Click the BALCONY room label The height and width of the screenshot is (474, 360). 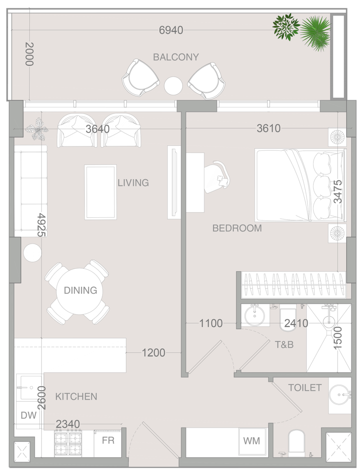click(x=176, y=57)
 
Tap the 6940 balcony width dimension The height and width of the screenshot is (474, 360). click(x=171, y=30)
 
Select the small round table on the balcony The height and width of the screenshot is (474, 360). click(x=173, y=86)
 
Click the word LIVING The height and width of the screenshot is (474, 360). click(x=133, y=183)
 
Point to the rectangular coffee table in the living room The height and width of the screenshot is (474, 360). click(x=101, y=192)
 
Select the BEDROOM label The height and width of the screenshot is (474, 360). click(x=237, y=228)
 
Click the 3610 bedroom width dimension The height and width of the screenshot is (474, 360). click(x=268, y=128)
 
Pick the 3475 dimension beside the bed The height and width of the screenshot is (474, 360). click(x=337, y=191)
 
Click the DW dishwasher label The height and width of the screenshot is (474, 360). click(x=28, y=415)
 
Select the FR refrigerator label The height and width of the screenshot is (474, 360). click(x=108, y=440)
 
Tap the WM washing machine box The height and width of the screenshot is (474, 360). click(x=252, y=441)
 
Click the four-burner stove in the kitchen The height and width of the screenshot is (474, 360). click(x=68, y=444)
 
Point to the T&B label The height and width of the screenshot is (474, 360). click(x=284, y=345)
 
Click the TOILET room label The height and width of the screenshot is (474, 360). click(x=305, y=388)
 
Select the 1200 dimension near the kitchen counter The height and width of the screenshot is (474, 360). click(x=154, y=353)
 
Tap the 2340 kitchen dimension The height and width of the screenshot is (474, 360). click(x=68, y=424)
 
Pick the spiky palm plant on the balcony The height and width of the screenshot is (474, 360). click(x=315, y=32)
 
